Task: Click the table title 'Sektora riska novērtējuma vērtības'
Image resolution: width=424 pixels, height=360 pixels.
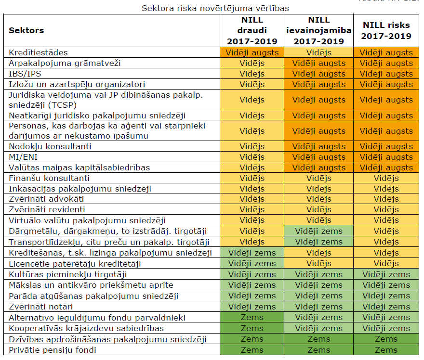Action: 215,9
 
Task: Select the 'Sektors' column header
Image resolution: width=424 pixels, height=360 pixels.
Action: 26,30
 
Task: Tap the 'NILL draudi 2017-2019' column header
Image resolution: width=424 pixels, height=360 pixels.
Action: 252,30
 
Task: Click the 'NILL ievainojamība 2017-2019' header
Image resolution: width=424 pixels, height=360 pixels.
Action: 318,30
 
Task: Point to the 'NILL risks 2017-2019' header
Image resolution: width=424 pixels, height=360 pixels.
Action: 386,30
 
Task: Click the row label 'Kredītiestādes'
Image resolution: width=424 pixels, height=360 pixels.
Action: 39,52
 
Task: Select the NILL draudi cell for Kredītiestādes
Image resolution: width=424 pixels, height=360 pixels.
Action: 252,52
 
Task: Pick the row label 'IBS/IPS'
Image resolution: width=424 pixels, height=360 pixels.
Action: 25,74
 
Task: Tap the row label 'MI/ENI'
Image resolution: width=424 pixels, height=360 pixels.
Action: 24,157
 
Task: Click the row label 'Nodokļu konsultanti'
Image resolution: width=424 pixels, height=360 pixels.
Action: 50,146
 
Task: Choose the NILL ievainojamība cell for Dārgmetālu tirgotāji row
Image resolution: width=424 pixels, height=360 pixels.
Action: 318,231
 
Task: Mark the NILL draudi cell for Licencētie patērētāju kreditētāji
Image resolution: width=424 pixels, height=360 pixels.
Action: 252,264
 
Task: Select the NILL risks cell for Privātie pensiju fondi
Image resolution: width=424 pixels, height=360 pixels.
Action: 386,350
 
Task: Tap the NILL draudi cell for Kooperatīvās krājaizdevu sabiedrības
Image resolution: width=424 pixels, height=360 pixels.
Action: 252,328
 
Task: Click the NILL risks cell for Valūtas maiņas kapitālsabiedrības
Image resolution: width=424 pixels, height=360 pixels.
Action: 386,167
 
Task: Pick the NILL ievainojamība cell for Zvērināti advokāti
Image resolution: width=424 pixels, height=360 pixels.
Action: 318,199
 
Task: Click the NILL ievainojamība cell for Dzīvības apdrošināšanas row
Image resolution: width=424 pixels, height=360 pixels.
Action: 318,339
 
